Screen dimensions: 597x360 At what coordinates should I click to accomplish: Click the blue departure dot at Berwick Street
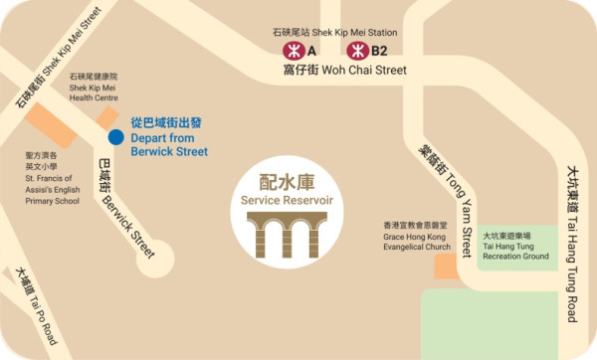click(115, 136)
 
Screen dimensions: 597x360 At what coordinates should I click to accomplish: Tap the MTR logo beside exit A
click(294, 49)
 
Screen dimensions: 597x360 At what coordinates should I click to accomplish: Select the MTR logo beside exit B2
click(354, 49)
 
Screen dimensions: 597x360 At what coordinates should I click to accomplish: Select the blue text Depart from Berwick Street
click(169, 137)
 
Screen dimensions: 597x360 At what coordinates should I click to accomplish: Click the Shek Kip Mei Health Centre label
click(94, 88)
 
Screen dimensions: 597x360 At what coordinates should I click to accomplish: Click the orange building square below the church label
click(445, 266)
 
